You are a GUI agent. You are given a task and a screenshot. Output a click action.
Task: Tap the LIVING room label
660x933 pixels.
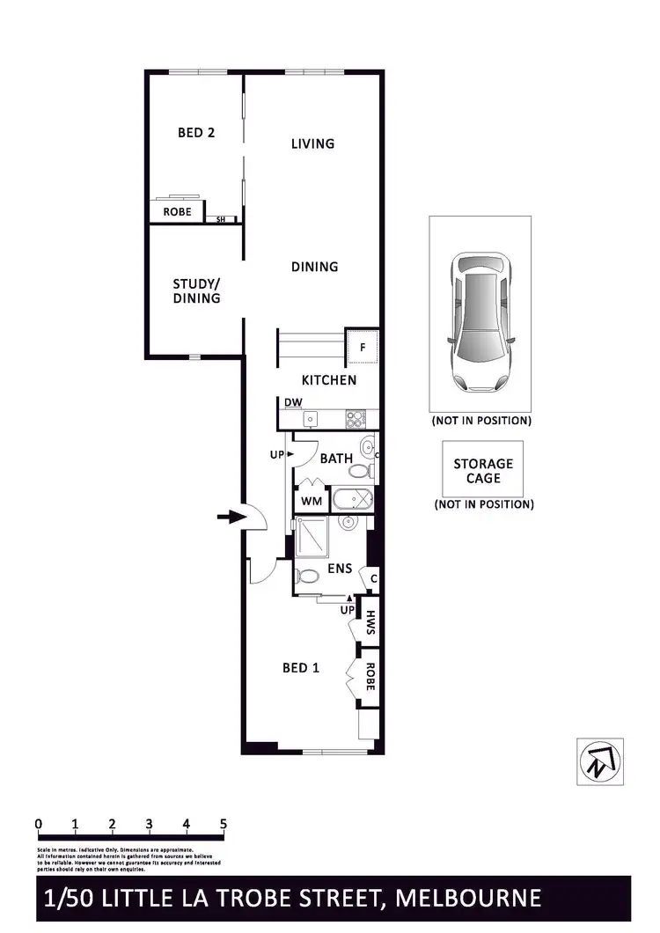[313, 143]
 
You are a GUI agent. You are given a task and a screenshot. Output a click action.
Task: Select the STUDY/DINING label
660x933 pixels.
[196, 291]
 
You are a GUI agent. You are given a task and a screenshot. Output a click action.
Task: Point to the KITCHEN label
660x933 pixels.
[329, 380]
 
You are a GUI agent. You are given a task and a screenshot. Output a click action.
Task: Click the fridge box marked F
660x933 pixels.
[363, 347]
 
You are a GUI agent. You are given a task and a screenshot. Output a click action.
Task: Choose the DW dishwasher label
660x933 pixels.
[294, 403]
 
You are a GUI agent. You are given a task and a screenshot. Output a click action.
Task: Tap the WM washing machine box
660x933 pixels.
[312, 501]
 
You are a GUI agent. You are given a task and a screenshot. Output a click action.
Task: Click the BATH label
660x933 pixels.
[336, 459]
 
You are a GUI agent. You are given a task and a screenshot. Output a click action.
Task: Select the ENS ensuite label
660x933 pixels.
[340, 569]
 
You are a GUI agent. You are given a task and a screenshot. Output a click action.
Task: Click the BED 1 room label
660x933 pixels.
[300, 668]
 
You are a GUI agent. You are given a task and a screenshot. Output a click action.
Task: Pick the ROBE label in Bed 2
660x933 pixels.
[177, 212]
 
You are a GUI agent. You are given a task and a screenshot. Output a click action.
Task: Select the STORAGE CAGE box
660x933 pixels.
[483, 471]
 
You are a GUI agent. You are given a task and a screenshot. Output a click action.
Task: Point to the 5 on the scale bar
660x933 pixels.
[224, 825]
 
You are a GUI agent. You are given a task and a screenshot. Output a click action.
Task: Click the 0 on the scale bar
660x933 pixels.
[39, 825]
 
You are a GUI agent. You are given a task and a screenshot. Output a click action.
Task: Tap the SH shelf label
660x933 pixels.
[220, 219]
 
